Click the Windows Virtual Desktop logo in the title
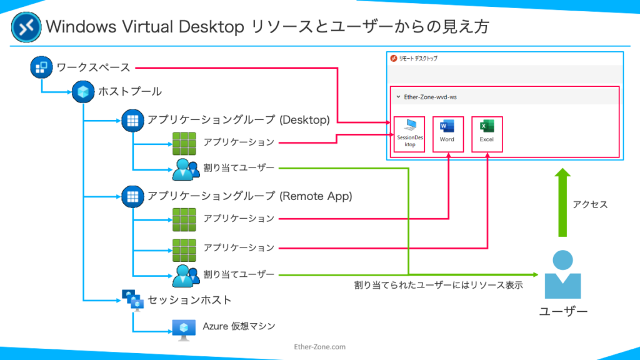26,27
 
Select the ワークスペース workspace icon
41,67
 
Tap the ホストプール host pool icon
83,92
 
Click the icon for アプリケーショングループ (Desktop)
132,121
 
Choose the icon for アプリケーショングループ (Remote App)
132,196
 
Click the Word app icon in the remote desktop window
447,126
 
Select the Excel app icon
486,126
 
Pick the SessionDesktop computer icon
410,125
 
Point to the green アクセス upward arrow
562,202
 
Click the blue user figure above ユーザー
563,274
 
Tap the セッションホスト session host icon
133,301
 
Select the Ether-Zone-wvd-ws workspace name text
430,97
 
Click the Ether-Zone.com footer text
319,346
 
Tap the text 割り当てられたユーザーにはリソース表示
438,285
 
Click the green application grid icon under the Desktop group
184,144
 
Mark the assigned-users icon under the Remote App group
186,276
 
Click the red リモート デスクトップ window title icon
394,58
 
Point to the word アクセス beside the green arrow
590,204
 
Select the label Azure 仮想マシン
239,326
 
